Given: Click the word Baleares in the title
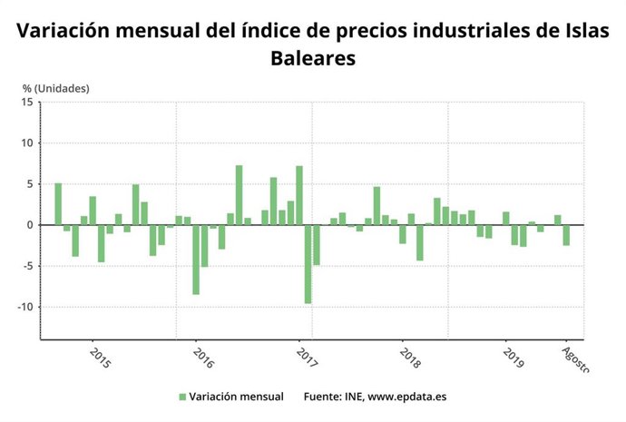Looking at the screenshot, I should pos(312,59).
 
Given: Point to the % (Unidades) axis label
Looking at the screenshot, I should pos(56,88).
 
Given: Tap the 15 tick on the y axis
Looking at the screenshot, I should pos(27,103).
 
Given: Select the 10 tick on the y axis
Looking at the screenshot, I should pos(27,143).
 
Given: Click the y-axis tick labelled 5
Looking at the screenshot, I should pos(30,184).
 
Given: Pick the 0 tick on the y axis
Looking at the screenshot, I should pos(30,225).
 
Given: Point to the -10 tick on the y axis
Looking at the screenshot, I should pos(25,307).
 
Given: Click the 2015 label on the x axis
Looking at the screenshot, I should pos(100,357).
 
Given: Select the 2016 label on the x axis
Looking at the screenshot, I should pos(202,357).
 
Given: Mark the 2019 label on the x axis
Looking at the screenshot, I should pos(514,357).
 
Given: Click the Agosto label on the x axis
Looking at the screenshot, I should pos(575,358).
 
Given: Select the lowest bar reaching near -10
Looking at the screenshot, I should pos(308,264).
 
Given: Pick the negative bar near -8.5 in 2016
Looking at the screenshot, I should pos(196,260).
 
